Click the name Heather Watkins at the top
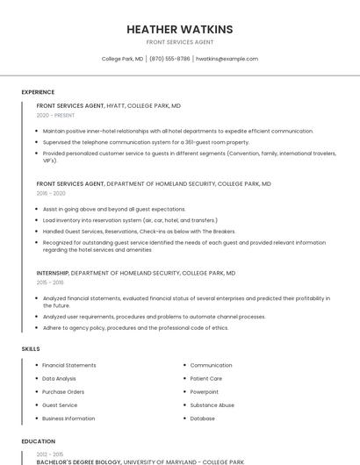coord(179,28)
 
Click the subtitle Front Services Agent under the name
coord(179,42)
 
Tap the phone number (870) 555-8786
coord(169,59)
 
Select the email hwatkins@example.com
coord(227,59)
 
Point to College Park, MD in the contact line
coord(122,59)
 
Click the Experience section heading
coord(38,92)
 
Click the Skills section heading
coord(31,349)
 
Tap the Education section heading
coord(39,441)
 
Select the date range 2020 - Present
coord(55,115)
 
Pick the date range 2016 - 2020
coord(51,193)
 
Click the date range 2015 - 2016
coord(50,283)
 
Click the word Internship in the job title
coord(52,273)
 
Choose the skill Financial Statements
coord(69,365)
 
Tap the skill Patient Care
coord(206,378)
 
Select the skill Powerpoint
coord(205,391)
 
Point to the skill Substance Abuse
coord(212,405)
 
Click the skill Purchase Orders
coord(63,391)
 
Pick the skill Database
coord(202,418)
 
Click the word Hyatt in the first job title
coord(116,105)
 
